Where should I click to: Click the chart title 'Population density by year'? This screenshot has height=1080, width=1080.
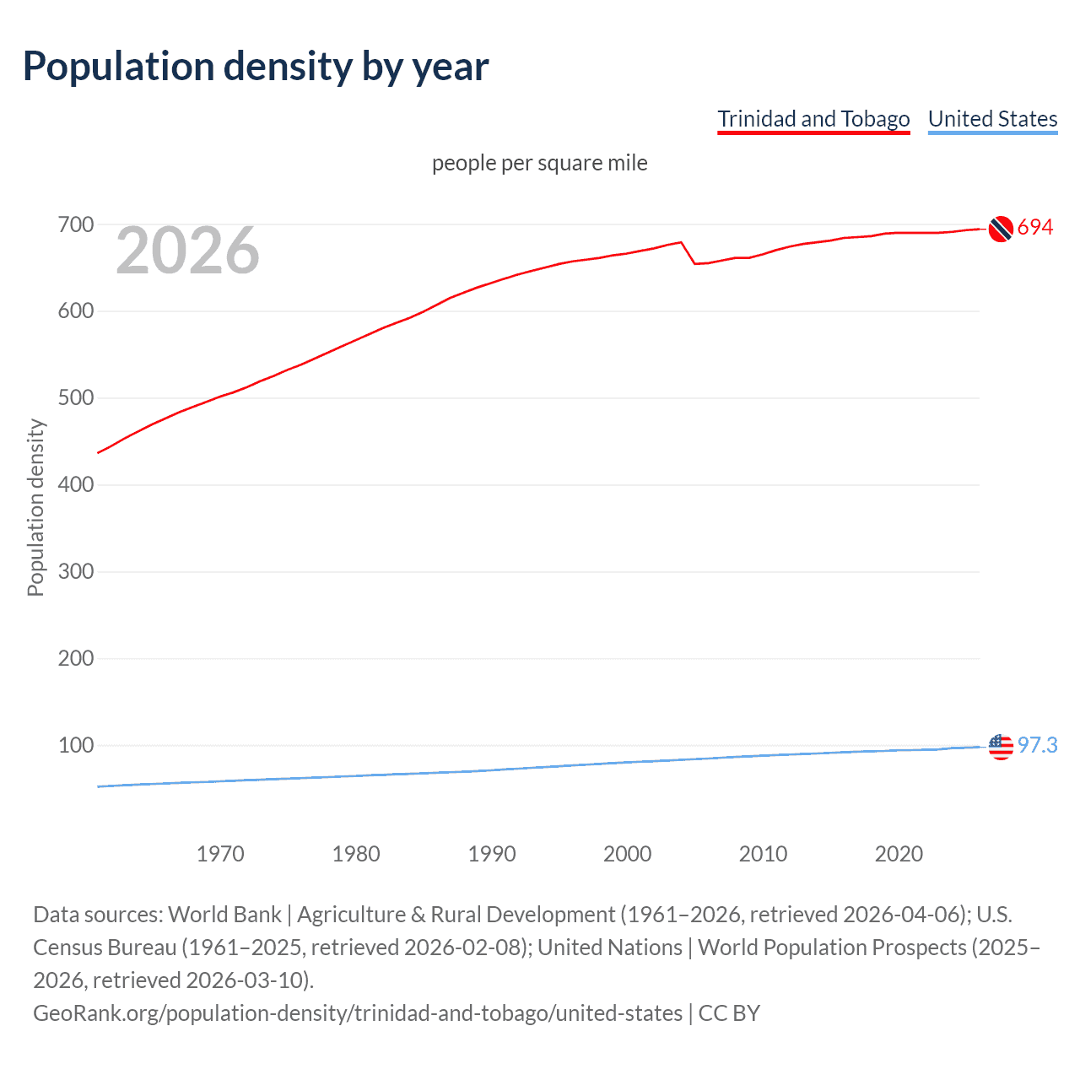pyautogui.click(x=256, y=67)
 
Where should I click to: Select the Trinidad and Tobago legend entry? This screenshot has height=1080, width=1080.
pyautogui.click(x=813, y=119)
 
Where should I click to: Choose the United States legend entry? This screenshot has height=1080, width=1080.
pyautogui.click(x=992, y=119)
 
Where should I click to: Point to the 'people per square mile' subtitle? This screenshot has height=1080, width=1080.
pyautogui.click(x=540, y=163)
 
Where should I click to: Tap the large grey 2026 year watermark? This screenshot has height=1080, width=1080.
pyautogui.click(x=187, y=251)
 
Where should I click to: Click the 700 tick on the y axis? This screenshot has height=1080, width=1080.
pyautogui.click(x=75, y=225)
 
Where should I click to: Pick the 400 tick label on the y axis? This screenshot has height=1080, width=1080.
pyautogui.click(x=75, y=485)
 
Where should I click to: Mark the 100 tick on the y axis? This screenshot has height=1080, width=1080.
pyautogui.click(x=75, y=746)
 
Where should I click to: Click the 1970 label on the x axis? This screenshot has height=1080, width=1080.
pyautogui.click(x=220, y=854)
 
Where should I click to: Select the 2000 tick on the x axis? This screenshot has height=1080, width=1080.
pyautogui.click(x=627, y=854)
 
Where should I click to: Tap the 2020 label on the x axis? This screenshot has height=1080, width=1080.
pyautogui.click(x=899, y=854)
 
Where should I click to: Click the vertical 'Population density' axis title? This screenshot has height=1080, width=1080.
pyautogui.click(x=35, y=508)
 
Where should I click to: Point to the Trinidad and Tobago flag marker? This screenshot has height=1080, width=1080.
pyautogui.click(x=1001, y=229)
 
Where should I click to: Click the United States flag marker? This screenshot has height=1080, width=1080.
pyautogui.click(x=1001, y=747)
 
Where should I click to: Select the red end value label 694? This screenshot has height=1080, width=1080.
pyautogui.click(x=1035, y=227)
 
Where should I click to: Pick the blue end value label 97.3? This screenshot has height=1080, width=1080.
pyautogui.click(x=1037, y=745)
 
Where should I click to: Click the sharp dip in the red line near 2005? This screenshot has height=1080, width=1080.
pyautogui.click(x=694, y=263)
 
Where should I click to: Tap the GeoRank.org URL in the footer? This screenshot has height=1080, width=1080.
pyautogui.click(x=358, y=1012)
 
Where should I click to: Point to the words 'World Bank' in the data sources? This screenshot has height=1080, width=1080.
pyautogui.click(x=224, y=915)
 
